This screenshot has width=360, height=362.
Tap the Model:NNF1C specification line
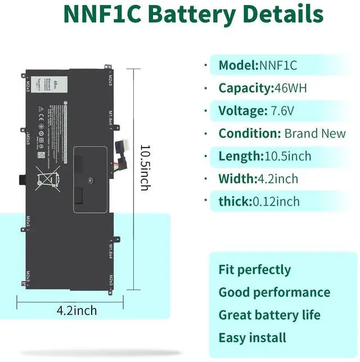coord(258,65)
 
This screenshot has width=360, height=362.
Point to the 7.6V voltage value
coord(281,111)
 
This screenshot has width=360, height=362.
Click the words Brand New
coord(314,133)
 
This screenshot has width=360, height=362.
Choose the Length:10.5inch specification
coord(264,156)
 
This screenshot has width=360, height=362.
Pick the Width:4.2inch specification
coord(258,179)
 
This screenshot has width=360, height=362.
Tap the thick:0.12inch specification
coord(259,202)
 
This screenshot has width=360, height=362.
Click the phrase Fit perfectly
coord(255,270)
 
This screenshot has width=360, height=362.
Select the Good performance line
coord(274,292)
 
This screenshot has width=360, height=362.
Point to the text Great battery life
coord(269,315)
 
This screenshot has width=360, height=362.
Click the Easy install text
coord(252,338)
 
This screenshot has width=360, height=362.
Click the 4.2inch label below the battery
coord(76,310)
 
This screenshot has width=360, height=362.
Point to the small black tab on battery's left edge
coord(22,180)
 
